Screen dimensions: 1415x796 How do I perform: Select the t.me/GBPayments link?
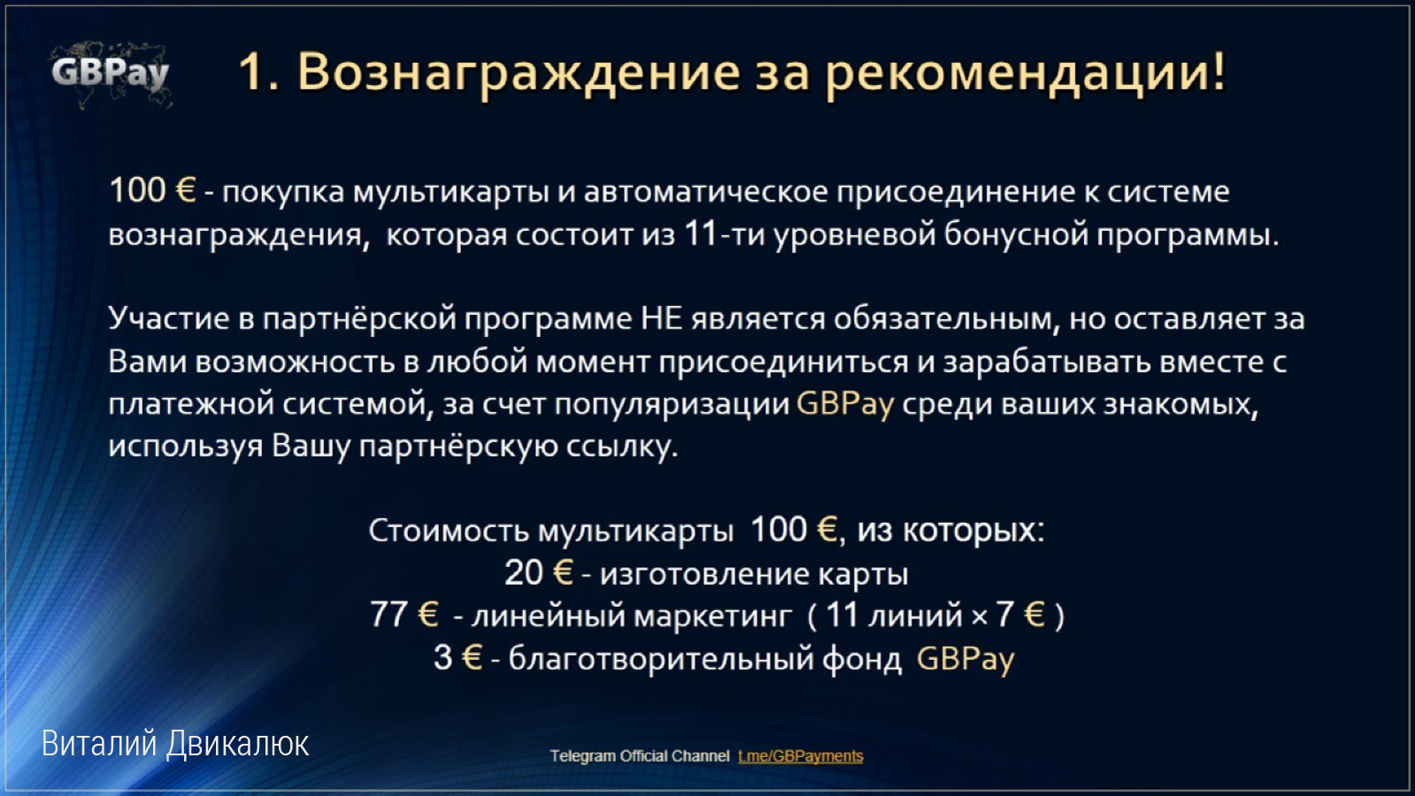pos(800,755)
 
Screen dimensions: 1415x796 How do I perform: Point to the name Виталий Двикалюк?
pos(175,744)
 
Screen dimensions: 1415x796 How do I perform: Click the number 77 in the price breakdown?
pos(388,614)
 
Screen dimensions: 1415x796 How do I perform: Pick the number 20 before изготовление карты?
pos(524,573)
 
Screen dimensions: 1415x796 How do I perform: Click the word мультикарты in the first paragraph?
pos(450,192)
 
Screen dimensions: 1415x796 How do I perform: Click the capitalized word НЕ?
pos(661,318)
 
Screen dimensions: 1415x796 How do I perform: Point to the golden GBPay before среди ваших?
pos(845,404)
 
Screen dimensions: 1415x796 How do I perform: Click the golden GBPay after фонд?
pos(965,659)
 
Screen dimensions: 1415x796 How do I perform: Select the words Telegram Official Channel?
pos(639,755)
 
